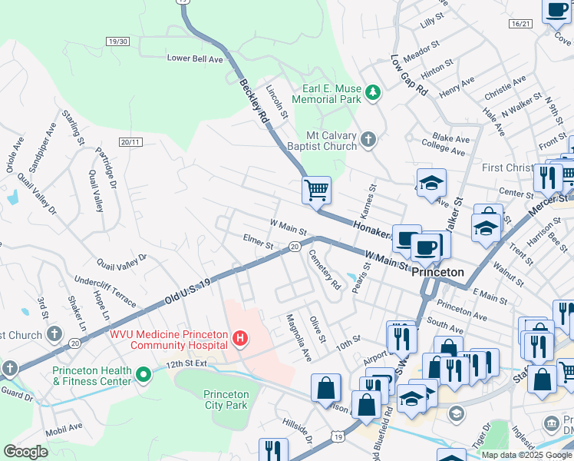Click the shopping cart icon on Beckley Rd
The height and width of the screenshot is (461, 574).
[316, 189]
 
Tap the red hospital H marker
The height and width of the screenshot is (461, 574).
[241, 337]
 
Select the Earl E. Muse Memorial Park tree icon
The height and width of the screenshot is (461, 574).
[373, 93]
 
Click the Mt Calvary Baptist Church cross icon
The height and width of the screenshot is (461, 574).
[368, 139]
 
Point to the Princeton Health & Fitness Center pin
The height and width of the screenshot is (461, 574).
[143, 375]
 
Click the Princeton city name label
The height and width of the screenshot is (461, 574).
[437, 272]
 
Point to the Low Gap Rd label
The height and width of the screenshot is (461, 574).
[408, 75]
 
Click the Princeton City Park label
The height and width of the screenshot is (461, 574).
[226, 400]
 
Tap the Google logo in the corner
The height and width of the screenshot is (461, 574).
[25, 452]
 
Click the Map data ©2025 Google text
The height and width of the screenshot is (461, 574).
[526, 455]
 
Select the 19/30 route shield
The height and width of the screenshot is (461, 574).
[118, 41]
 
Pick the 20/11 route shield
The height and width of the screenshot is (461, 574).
[130, 142]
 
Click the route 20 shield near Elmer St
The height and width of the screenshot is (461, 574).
[295, 246]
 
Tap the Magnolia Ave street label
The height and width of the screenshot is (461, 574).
[299, 338]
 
